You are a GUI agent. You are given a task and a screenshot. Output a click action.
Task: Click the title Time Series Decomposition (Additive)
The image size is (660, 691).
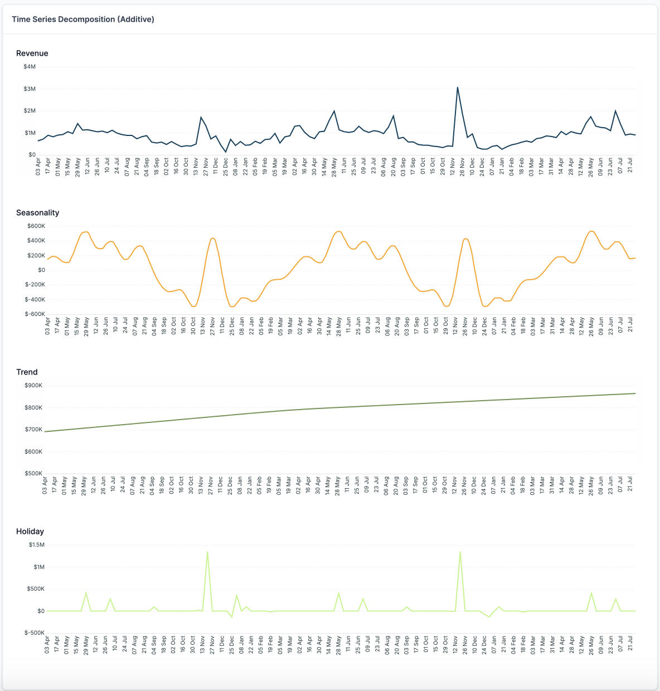pyautogui.click(x=83, y=19)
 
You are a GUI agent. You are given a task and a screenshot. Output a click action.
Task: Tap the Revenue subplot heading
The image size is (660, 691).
pyautogui.click(x=32, y=53)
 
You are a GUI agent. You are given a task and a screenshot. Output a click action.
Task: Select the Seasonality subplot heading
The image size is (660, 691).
pyautogui.click(x=37, y=213)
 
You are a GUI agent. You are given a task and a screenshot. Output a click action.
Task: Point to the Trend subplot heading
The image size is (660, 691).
pyautogui.click(x=27, y=372)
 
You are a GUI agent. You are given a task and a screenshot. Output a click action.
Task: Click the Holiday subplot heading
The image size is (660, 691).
pyautogui.click(x=30, y=532)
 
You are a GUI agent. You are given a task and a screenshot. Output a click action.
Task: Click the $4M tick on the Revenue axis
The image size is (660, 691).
pyautogui.click(x=30, y=67)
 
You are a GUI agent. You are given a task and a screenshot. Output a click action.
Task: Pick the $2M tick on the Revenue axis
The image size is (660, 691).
pyautogui.click(x=30, y=111)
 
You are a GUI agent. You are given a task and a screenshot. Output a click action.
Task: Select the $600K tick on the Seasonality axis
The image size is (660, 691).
pyautogui.click(x=36, y=226)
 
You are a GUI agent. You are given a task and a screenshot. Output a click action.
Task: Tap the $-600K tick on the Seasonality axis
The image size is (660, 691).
pyautogui.click(x=35, y=314)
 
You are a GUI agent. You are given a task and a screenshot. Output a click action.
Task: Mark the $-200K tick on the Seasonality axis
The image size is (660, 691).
pyautogui.click(x=35, y=285)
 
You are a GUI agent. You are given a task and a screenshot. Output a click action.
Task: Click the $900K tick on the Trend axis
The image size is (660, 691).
pyautogui.click(x=33, y=386)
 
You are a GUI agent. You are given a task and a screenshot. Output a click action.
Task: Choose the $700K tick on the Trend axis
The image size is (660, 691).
pyautogui.click(x=33, y=430)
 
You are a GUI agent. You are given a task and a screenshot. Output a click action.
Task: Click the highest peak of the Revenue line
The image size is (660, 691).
pyautogui.click(x=458, y=87)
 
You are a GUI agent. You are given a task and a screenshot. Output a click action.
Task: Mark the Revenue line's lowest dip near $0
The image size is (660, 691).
pyautogui.click(x=226, y=152)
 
